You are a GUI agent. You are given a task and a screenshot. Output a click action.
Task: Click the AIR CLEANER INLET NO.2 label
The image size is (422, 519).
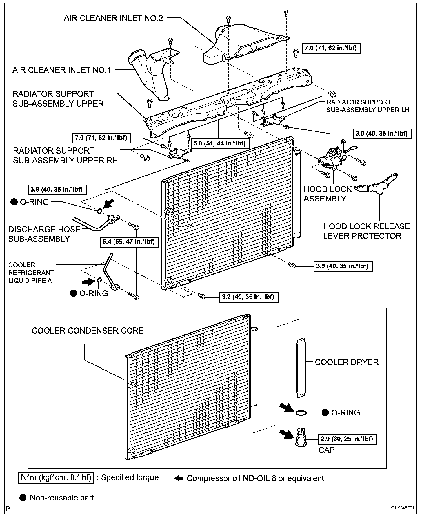coord(114,18)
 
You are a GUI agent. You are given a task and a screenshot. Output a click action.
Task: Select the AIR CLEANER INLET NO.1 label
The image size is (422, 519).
coord(62,70)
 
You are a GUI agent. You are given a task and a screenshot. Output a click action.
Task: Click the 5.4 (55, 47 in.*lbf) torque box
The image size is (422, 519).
coord(130,242)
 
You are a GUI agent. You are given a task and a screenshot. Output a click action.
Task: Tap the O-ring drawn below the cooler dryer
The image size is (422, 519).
coord(302,412)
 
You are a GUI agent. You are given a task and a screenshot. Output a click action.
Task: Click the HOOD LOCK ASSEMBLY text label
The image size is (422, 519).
coord(328,194)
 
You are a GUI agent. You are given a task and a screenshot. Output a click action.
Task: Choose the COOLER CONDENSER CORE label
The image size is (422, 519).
coord(88,331)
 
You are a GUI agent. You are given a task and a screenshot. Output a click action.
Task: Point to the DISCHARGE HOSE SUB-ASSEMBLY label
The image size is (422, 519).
coord(44,234)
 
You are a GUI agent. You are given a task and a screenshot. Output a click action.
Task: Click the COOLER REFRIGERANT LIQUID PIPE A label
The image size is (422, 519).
coord(31,273)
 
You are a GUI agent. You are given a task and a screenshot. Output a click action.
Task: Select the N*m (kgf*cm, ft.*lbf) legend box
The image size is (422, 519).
coord(56,477)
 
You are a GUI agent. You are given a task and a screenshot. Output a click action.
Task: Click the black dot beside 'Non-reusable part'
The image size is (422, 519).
coord(23,498)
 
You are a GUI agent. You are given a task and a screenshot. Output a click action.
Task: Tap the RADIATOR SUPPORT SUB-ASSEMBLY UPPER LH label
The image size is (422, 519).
coord(368,106)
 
